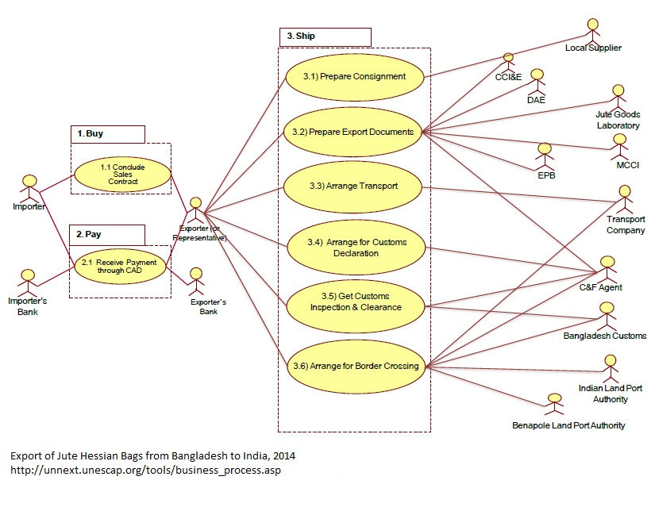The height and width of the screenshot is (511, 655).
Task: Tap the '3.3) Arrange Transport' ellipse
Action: (353, 186)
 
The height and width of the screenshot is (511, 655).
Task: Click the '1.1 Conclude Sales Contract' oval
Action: (122, 175)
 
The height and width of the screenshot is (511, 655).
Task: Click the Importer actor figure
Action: (29, 187)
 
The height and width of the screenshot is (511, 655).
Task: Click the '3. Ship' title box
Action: (325, 36)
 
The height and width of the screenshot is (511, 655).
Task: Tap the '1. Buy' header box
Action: (107, 134)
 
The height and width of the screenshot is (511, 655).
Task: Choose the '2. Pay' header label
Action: (107, 235)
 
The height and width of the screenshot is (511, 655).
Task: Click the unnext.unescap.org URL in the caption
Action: (145, 471)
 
